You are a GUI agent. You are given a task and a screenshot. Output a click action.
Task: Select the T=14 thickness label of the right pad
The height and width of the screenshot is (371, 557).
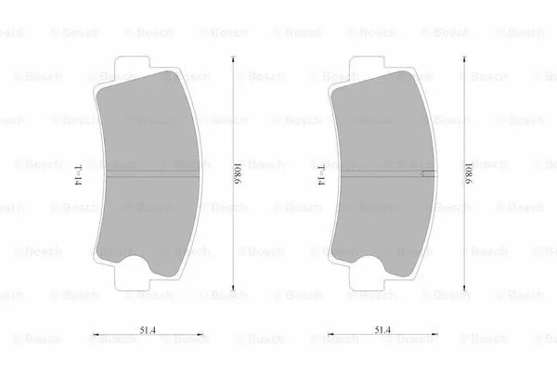pyautogui.click(x=320, y=173)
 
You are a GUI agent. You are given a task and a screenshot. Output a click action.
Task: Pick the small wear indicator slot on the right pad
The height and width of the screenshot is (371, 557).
pyautogui.click(x=428, y=173)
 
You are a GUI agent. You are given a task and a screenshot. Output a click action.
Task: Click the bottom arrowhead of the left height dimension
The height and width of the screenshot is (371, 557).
pyautogui.click(x=232, y=288)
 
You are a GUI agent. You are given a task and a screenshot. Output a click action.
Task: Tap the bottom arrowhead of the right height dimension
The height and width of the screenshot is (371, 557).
pyautogui.click(x=464, y=288)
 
